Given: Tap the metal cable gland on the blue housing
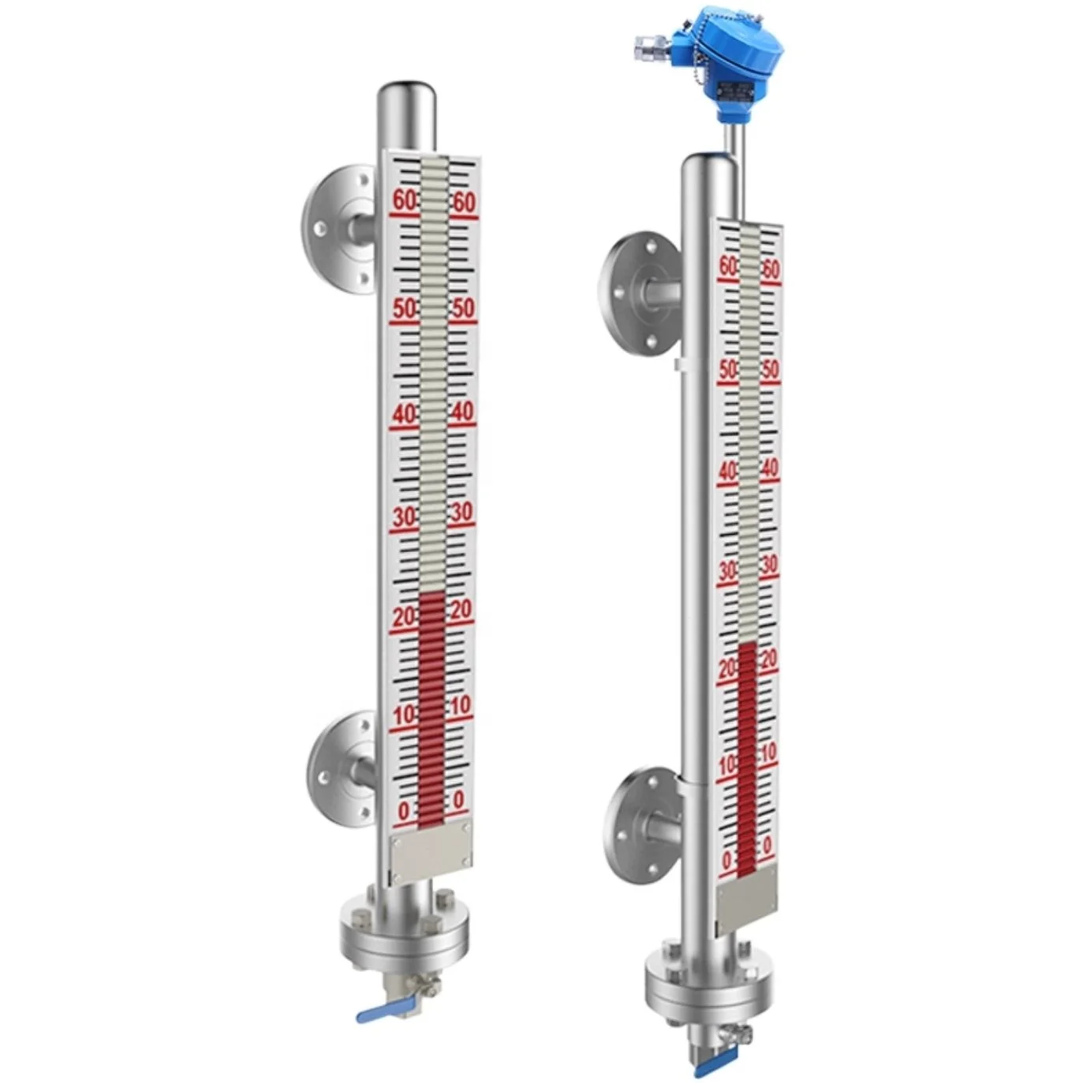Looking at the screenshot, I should coord(648,50).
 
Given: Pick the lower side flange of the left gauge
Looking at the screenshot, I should coord(342,767).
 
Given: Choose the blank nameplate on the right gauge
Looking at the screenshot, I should coord(745,895).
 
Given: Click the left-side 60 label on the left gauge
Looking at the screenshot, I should coord(404,200).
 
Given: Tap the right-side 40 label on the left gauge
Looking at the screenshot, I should coord(462,411).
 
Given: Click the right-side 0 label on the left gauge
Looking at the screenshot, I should coord(458,800).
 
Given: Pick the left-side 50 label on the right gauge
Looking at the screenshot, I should coord(727,368).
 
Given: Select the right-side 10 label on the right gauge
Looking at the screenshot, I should coord(767,751).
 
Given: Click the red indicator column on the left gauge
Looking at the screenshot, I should coord(431,710).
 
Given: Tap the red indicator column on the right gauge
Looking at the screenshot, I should coord(746,757).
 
